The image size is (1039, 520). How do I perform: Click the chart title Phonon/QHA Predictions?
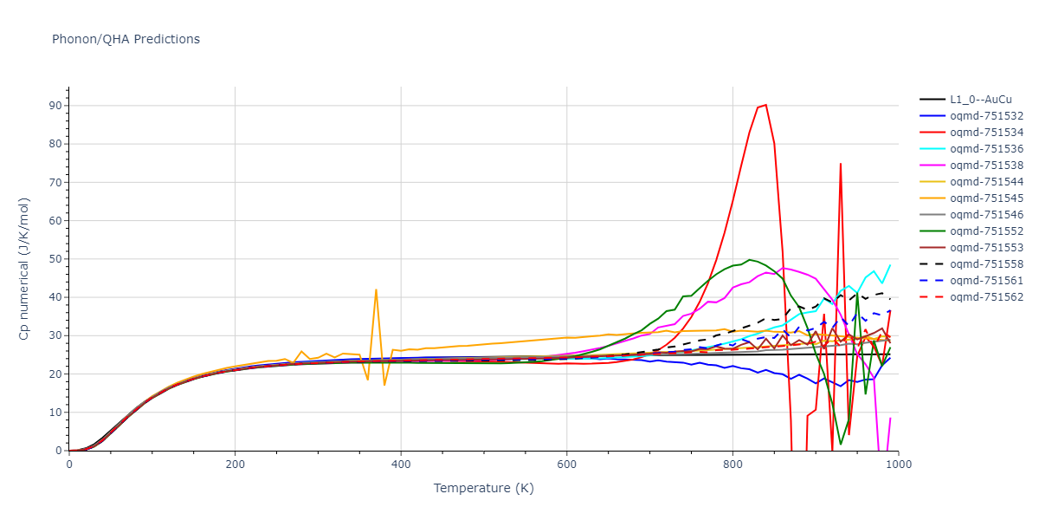(x=126, y=39)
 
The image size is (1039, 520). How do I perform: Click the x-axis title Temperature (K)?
(x=483, y=489)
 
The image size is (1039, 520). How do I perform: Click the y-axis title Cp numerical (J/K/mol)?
(x=25, y=268)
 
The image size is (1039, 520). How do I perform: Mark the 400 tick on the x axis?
(x=401, y=465)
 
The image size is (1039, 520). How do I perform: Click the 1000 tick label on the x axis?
(x=898, y=465)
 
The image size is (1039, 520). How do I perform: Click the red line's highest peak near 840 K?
(x=765, y=105)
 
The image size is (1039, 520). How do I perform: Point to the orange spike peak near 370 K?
(x=376, y=289)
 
